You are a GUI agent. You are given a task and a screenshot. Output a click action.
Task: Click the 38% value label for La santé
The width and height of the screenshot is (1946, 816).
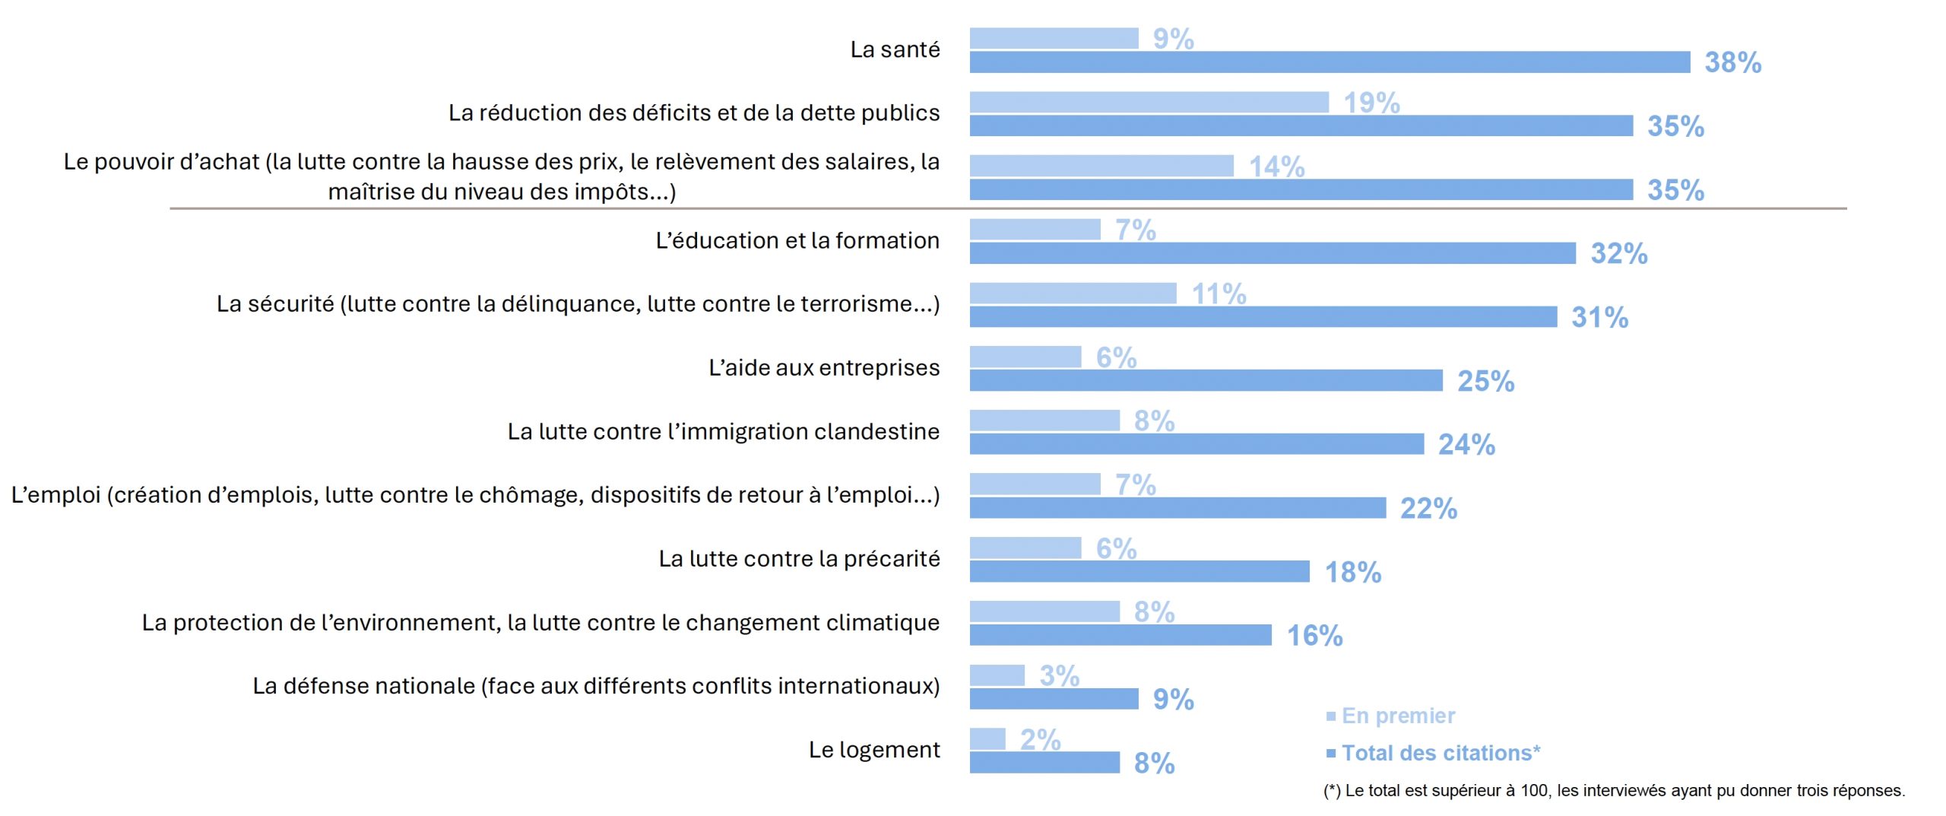pyautogui.click(x=1732, y=62)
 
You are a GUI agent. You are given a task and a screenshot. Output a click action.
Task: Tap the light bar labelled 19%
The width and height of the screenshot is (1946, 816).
pyautogui.click(x=1149, y=102)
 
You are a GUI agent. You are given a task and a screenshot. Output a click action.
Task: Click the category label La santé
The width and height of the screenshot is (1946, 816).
pyautogui.click(x=895, y=49)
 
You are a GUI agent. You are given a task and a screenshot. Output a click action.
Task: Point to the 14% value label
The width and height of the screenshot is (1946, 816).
pyautogui.click(x=1276, y=167)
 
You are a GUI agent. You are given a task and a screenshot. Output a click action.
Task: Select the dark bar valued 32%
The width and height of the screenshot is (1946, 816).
pyautogui.click(x=1272, y=253)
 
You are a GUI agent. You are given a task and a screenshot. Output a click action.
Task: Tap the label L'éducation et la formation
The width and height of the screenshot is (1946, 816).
pyautogui.click(x=797, y=240)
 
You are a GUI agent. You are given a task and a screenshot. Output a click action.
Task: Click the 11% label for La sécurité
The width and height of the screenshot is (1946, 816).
pyautogui.click(x=1219, y=294)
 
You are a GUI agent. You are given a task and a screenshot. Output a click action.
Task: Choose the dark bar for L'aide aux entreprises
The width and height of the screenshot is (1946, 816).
pyautogui.click(x=1206, y=380)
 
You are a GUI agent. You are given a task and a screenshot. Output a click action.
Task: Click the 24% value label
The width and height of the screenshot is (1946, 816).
pyautogui.click(x=1466, y=444)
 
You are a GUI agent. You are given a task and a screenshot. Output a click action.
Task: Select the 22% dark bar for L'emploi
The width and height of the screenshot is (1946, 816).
pyautogui.click(x=1177, y=508)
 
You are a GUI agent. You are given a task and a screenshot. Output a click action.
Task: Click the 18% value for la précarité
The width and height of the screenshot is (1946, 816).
pyautogui.click(x=1352, y=572)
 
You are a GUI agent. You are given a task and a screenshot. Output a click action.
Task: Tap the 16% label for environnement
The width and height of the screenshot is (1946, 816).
pyautogui.click(x=1314, y=636)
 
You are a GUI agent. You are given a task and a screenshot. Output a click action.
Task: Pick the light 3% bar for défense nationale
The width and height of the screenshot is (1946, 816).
pyautogui.click(x=997, y=675)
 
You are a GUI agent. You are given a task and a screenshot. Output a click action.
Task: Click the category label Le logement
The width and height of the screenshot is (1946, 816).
pyautogui.click(x=873, y=750)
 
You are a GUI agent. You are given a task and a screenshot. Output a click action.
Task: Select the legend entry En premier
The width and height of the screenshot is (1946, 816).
pyautogui.click(x=1397, y=716)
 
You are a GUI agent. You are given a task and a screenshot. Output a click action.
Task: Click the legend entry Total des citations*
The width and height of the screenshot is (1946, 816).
pyautogui.click(x=1440, y=753)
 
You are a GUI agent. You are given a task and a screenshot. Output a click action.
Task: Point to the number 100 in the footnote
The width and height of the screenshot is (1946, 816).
pyautogui.click(x=1534, y=791)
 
